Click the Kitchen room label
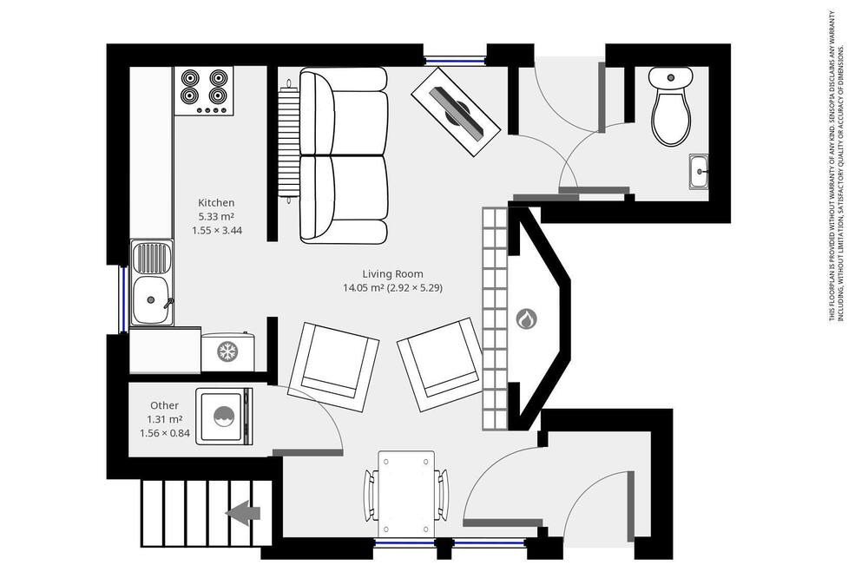coord(216,202)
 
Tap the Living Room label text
coord(392,273)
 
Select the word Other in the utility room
coord(164,405)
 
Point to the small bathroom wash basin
coord(699,171)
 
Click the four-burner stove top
coord(204,91)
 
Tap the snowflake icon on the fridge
coord(227,351)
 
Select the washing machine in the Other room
coord(224,417)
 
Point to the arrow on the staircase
coord(242,513)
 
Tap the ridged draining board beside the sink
coord(151,258)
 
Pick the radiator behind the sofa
coord(288,141)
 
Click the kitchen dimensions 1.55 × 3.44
coord(217,230)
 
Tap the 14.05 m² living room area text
coord(364,288)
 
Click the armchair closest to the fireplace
coord(439,365)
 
